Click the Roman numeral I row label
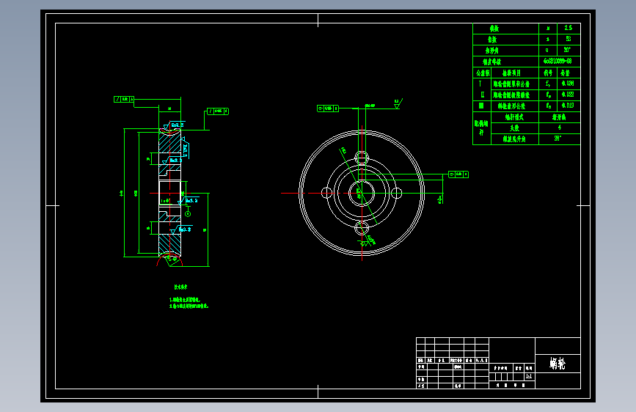click(481, 84)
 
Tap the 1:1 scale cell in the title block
click(529, 376)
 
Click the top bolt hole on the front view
click(362, 158)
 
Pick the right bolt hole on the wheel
click(397, 193)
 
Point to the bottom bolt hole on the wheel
click(362, 228)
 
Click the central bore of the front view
click(362, 193)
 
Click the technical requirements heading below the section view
click(180, 287)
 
